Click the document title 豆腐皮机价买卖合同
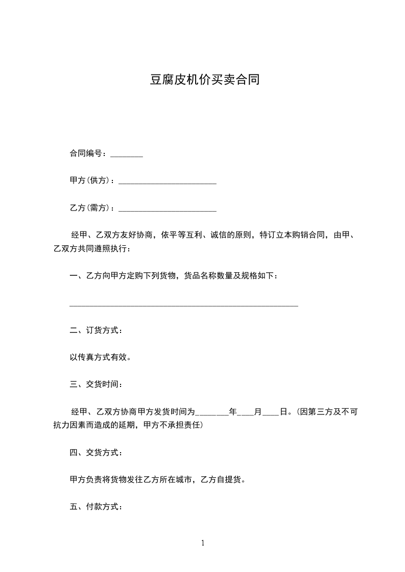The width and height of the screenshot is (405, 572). pos(204,80)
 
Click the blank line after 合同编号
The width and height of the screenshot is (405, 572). pos(127,154)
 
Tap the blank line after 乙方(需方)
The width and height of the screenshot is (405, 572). pos(167,209)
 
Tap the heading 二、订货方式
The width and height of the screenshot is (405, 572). pos(96,330)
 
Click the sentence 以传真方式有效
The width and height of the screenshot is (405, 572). pos(101,357)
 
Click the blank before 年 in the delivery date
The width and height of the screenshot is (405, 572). pos(212,412)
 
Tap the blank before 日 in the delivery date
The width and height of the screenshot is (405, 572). pos(271,412)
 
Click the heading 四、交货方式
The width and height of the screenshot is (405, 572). pos(96,452)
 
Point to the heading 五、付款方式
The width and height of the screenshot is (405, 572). pos(96,507)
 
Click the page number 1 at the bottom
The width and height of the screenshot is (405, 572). pos(203,543)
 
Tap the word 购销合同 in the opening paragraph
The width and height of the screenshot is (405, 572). pos(301,235)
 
